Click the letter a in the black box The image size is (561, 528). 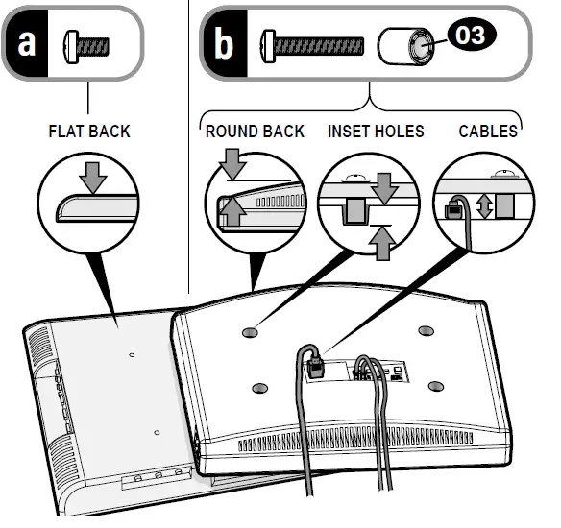click(27, 43)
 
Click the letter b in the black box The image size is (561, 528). click(224, 43)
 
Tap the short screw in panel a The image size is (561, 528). click(86, 47)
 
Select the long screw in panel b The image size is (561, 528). click(312, 46)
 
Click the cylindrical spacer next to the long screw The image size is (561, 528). click(405, 46)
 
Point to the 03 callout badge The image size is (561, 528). click(472, 35)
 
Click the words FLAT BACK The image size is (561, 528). click(89, 132)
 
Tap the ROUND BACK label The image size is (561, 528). click(255, 132)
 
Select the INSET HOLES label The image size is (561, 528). click(376, 132)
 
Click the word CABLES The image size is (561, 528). click(488, 132)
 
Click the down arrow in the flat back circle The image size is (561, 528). click(93, 178)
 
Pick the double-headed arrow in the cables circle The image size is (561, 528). click(484, 206)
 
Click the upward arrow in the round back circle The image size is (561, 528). click(232, 211)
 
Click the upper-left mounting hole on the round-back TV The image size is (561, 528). click(250, 333)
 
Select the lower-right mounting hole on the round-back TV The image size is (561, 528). click(436, 386)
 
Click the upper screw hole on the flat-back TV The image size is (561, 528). click(132, 355)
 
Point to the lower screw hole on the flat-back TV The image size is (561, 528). click(157, 433)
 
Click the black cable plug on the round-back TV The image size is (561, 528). click(315, 367)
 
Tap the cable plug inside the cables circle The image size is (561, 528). click(453, 210)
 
